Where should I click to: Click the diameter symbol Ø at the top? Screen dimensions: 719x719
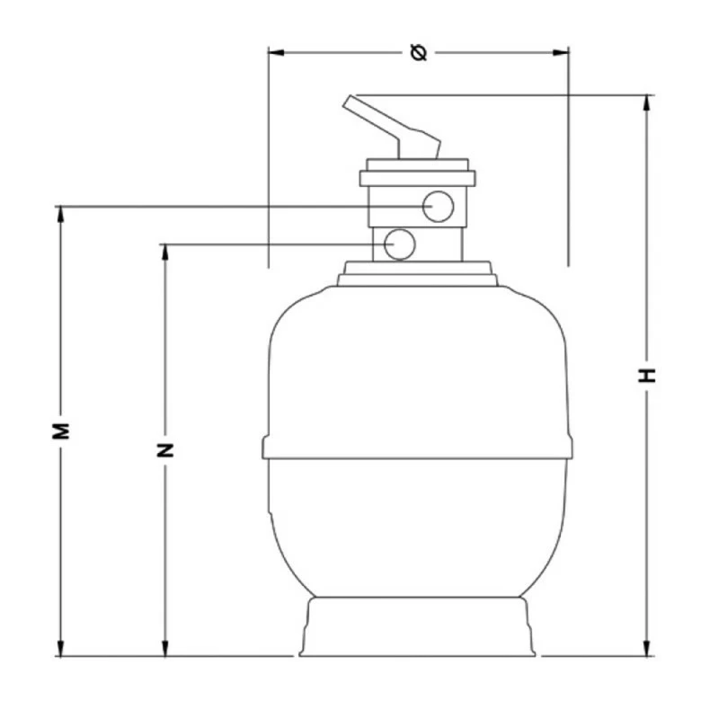(419, 53)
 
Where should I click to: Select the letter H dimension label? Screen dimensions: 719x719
(647, 375)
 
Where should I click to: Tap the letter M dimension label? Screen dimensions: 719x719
(60, 431)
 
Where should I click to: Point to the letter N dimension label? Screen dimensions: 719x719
(165, 450)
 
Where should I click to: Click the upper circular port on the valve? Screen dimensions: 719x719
(438, 207)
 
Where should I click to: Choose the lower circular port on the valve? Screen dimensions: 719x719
(399, 244)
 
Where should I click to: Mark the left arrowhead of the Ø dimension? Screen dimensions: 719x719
(276, 53)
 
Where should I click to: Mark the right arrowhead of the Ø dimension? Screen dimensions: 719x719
(561, 53)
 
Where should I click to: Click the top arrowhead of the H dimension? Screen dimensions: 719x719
(647, 103)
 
